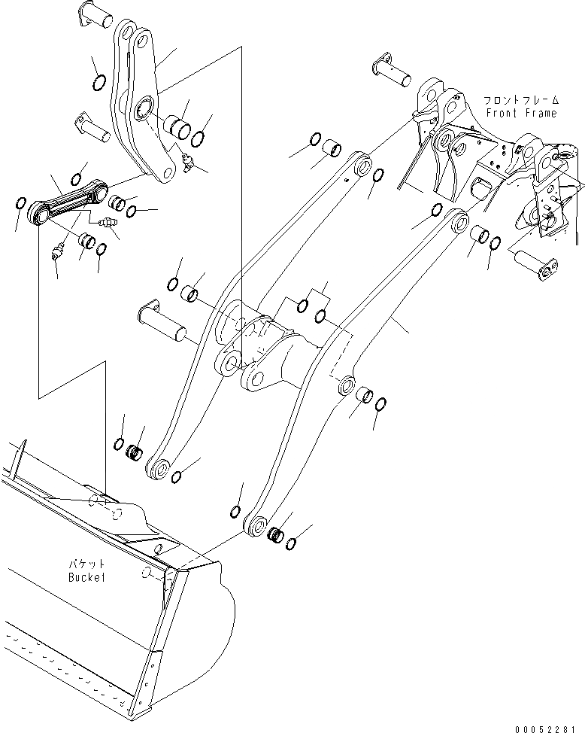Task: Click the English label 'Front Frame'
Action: [x=521, y=113]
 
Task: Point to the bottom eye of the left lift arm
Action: [x=159, y=469]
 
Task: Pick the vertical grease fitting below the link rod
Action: [x=57, y=253]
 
